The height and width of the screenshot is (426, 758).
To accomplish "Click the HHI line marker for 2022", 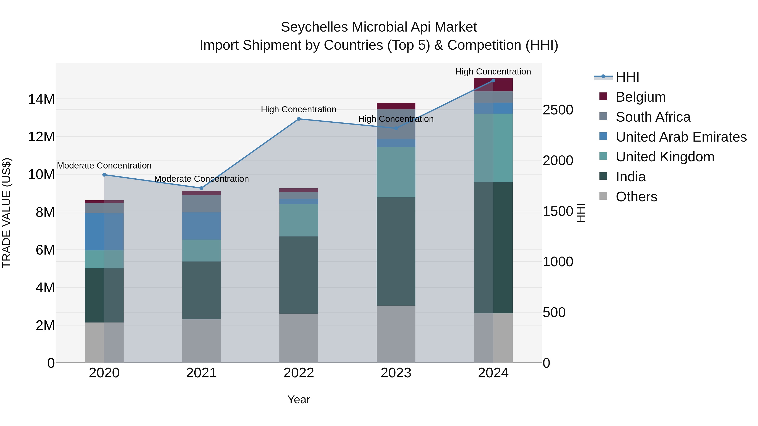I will (299, 119).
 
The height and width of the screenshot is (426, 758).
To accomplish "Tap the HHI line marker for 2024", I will (493, 81).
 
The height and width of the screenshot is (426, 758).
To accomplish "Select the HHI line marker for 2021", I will (202, 188).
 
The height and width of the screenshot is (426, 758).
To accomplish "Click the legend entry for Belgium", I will (640, 97).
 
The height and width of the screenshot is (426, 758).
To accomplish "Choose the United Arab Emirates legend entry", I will (681, 137).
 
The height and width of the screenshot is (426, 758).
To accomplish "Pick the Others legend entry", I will (636, 197).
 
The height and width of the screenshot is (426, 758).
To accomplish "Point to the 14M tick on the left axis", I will (41, 99).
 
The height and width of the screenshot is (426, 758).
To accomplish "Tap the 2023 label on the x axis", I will (396, 373).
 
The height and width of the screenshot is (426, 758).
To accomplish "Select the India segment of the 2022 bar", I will (299, 275).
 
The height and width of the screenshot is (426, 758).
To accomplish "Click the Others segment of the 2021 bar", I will (202, 341).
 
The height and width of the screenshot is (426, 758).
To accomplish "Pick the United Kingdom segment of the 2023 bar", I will (396, 172).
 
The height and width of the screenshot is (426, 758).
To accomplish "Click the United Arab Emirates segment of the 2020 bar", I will (104, 232).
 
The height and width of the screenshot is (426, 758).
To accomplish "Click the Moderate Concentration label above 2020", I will (104, 166).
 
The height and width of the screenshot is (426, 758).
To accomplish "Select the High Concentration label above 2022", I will (299, 109).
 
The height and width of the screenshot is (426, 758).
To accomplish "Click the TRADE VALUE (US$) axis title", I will (7, 213).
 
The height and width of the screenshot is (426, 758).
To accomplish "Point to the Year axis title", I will (299, 399).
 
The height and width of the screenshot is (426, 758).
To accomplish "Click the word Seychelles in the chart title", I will (315, 27).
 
